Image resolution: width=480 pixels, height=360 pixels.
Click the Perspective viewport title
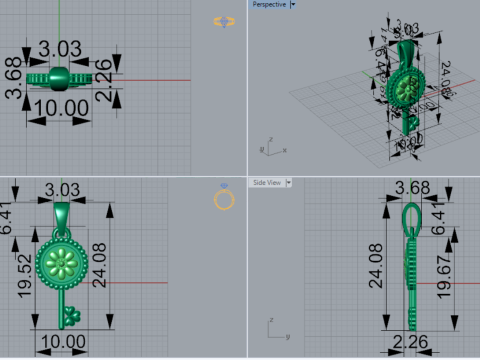[267, 5]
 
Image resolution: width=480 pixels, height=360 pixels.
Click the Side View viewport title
[266, 183]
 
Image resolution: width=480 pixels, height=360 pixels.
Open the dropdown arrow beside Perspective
[293, 5]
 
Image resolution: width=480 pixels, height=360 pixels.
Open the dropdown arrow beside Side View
[288, 183]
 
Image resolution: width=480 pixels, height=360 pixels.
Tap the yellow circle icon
[224, 199]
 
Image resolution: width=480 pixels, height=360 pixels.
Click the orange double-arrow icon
[224, 21]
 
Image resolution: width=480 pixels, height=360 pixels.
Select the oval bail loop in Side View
[410, 217]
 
